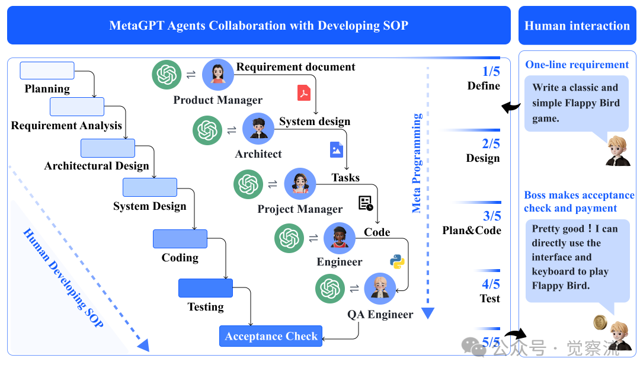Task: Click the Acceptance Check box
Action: (271, 336)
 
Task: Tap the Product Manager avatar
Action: (218, 74)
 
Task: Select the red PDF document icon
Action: (304, 93)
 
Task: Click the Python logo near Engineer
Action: (397, 261)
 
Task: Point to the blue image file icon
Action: (337, 149)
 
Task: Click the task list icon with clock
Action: (366, 203)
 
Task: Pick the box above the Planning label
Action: (47, 70)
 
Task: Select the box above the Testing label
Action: (206, 288)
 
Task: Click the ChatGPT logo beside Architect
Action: (207, 129)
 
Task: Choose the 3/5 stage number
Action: (491, 216)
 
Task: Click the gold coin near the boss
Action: (600, 322)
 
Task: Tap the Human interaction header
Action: (577, 25)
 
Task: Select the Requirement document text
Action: (296, 67)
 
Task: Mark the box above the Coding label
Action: (180, 239)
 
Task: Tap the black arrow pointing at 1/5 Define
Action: (511, 107)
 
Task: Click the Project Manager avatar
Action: (300, 183)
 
